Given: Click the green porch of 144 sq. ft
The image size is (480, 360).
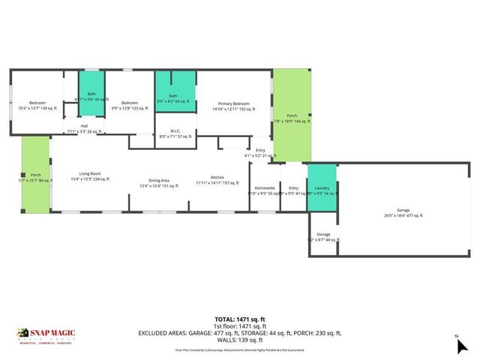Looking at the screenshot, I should (x=291, y=116).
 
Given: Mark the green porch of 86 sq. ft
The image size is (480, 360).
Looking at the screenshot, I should (x=35, y=177).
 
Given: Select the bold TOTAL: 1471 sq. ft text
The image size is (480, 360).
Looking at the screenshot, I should (x=240, y=319).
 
